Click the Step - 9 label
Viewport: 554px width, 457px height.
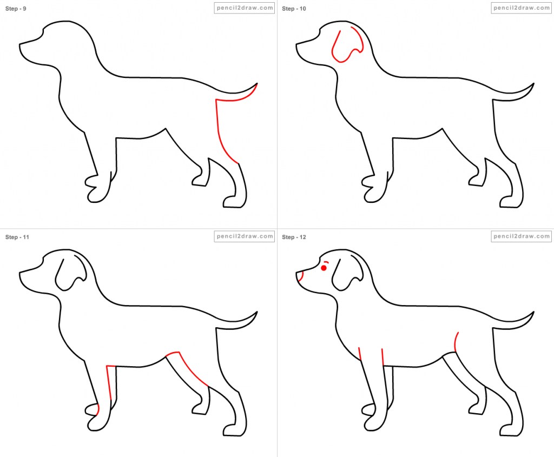pyautogui.click(x=16, y=9)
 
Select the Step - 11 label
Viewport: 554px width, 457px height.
pyautogui.click(x=17, y=237)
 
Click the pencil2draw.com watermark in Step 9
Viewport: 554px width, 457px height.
pyautogui.click(x=244, y=8)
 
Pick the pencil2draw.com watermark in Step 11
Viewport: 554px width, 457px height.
pyautogui.click(x=244, y=236)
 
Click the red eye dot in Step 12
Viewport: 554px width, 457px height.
pyautogui.click(x=324, y=268)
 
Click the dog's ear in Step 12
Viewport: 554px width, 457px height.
pyautogui.click(x=347, y=275)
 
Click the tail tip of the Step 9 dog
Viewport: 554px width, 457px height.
pyautogui.click(x=256, y=84)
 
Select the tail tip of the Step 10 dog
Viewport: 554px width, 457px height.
pyautogui.click(x=533, y=84)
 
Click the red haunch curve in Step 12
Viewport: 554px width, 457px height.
pyautogui.click(x=456, y=342)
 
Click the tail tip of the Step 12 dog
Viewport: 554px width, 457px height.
pyautogui.click(x=533, y=313)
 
